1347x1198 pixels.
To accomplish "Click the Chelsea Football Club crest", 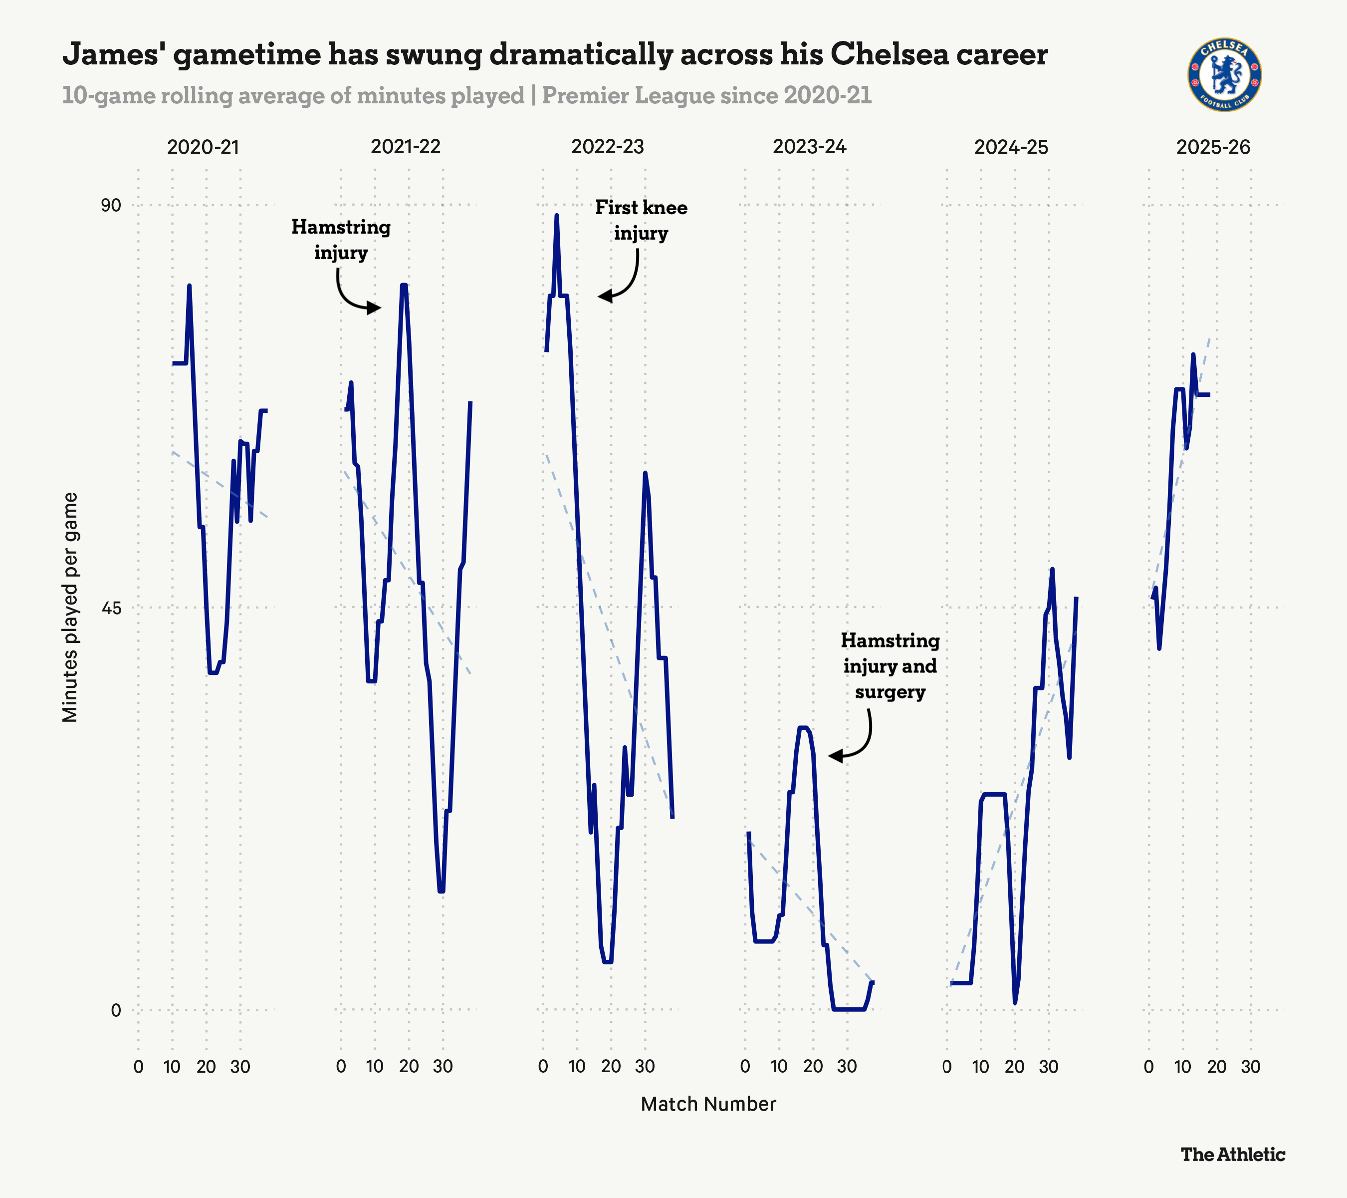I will pyautogui.click(x=1224, y=74).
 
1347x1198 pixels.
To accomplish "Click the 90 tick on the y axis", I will pyautogui.click(x=111, y=205).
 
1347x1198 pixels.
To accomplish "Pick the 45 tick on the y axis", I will pyautogui.click(x=111, y=607).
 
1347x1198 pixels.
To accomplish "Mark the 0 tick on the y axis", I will pyautogui.click(x=116, y=1009).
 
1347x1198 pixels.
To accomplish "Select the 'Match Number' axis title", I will pyautogui.click(x=708, y=1104).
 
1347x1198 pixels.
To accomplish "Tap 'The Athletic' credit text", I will pyautogui.click(x=1232, y=1155).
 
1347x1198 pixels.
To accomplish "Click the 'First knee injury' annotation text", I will pyautogui.click(x=641, y=220).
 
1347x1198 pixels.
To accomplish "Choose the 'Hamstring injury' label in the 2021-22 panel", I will pyautogui.click(x=341, y=239).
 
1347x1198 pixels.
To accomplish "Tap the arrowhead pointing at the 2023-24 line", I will pyautogui.click(x=833, y=756).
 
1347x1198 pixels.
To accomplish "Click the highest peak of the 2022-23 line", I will pyautogui.click(x=557, y=215).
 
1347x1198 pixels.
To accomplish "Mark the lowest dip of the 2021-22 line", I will pyautogui.click(x=441, y=891).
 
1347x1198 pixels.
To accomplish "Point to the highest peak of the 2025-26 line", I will pyautogui.click(x=1193, y=355).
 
